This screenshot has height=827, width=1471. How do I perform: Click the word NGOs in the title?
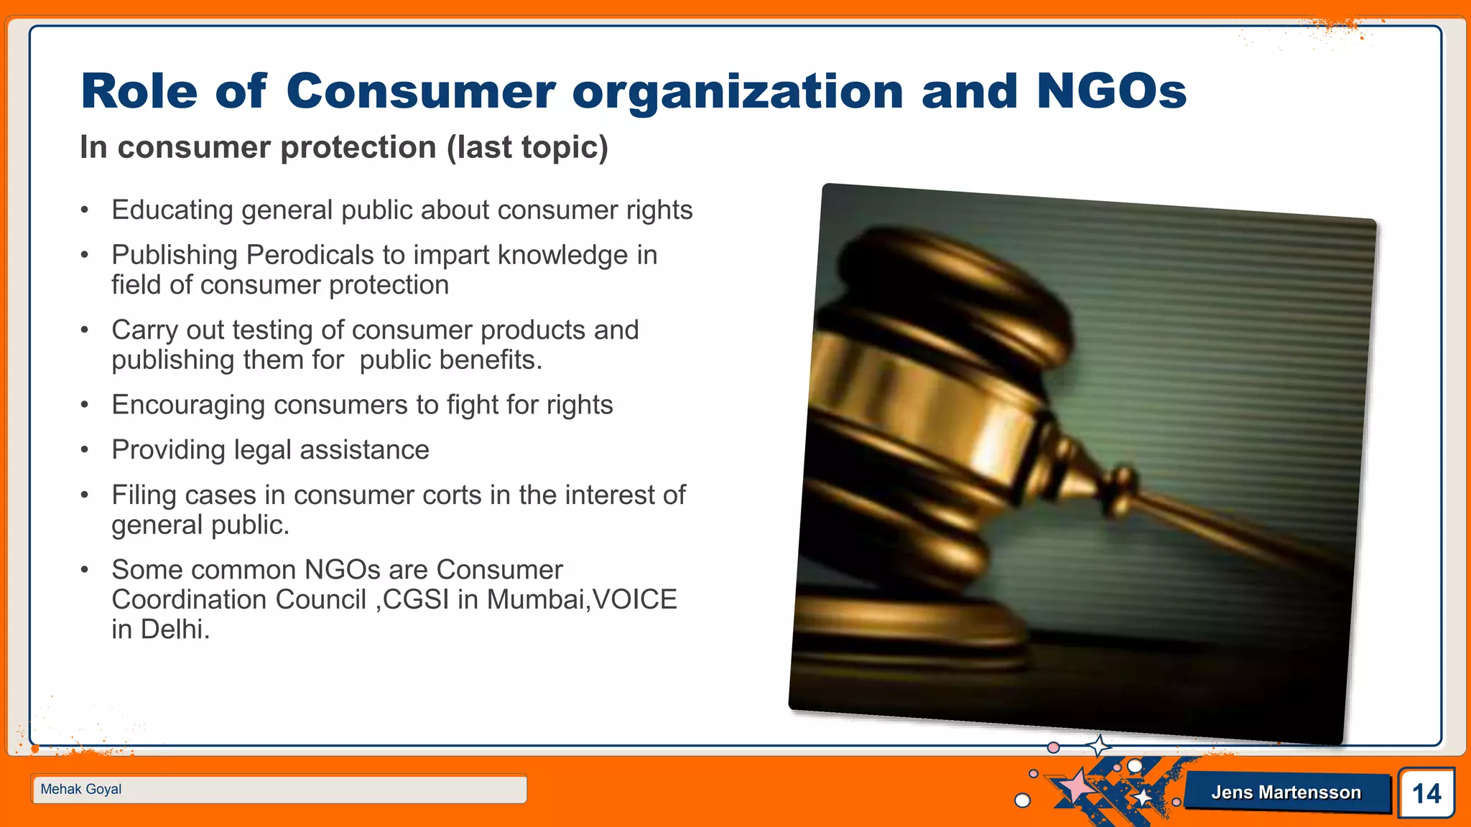click(x=1111, y=92)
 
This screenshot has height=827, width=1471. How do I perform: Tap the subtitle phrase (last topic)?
click(x=527, y=148)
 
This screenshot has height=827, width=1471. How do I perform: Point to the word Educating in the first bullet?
click(x=172, y=210)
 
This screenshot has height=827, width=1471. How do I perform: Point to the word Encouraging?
click(x=188, y=406)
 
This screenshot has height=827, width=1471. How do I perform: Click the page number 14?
click(x=1426, y=793)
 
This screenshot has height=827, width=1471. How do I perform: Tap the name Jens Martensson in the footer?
click(x=1286, y=793)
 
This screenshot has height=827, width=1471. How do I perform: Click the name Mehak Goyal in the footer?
click(x=81, y=789)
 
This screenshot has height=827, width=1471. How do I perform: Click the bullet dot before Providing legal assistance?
click(x=85, y=450)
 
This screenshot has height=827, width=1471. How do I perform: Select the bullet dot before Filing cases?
click(x=85, y=495)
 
